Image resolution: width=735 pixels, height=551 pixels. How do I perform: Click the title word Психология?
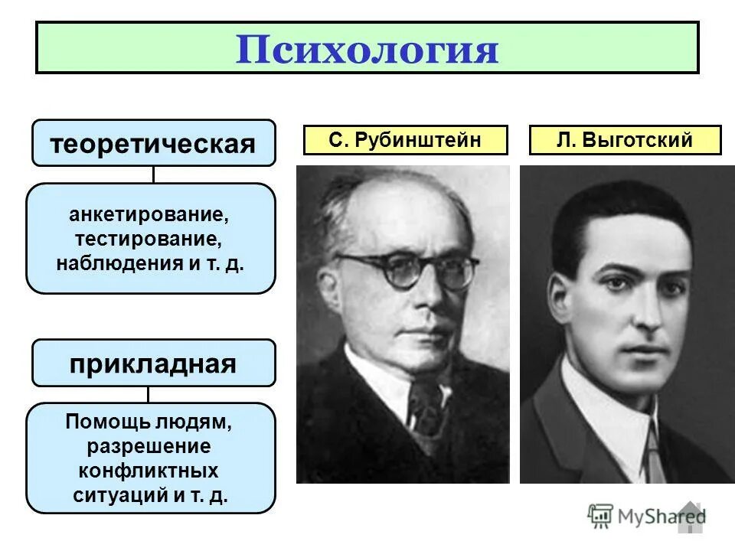point(367,48)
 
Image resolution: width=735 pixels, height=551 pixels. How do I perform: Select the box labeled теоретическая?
point(153,143)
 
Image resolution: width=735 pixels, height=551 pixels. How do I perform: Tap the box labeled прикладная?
point(153,363)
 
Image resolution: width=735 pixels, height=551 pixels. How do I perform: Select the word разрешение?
point(149,445)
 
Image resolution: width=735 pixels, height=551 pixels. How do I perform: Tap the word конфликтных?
point(149,469)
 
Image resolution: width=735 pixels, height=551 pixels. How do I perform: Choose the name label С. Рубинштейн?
point(405,140)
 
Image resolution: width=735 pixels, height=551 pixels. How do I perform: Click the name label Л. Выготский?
point(625,140)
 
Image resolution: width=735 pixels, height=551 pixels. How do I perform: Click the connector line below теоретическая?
point(153,174)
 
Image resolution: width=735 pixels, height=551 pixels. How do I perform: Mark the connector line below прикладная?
point(148,394)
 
